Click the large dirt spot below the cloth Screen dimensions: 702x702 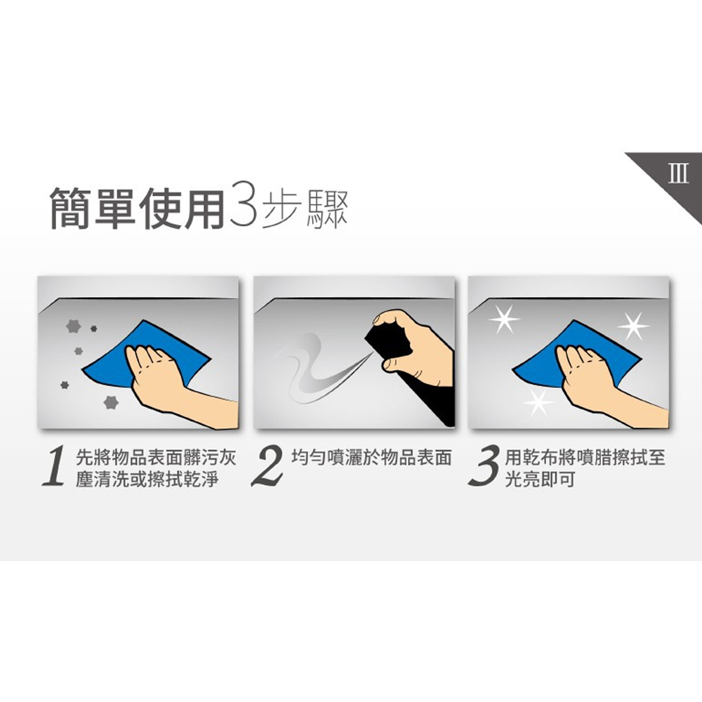tap(110, 402)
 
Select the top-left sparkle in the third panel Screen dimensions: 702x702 tap(504, 319)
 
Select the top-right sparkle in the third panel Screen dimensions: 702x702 tap(633, 324)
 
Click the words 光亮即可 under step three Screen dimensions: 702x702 tap(540, 481)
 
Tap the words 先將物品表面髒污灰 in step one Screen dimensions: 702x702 tap(154, 458)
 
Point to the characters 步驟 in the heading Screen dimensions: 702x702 tap(306, 207)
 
